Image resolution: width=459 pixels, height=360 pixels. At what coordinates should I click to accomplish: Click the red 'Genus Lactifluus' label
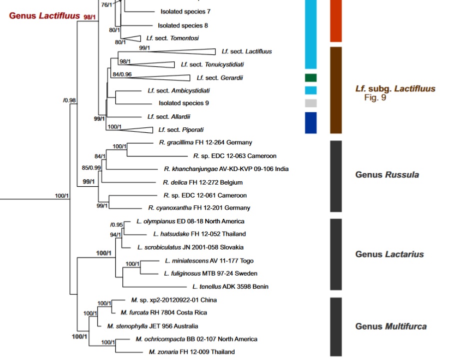click(44, 16)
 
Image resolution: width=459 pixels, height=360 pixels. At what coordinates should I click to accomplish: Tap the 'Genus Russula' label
click(387, 175)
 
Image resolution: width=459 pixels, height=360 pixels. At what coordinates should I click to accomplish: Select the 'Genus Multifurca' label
click(391, 327)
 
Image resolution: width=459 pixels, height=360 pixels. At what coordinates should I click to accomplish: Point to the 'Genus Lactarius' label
click(389, 254)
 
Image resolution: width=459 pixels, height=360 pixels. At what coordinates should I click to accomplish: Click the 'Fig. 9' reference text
click(375, 97)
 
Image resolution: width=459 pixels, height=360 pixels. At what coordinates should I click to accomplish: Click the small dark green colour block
click(311, 77)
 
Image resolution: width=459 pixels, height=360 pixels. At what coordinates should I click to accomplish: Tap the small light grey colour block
click(311, 103)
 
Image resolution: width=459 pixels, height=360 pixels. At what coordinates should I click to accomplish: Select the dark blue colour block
click(311, 123)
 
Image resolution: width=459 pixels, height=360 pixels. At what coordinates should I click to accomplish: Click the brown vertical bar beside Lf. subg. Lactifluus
click(336, 90)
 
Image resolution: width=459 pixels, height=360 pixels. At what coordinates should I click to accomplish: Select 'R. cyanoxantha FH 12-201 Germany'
click(199, 208)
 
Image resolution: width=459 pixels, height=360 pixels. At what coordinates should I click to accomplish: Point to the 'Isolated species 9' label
click(183, 103)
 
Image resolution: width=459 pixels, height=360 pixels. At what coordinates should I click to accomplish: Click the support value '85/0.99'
click(91, 168)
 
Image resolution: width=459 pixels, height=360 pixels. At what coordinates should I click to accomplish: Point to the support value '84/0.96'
click(122, 74)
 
